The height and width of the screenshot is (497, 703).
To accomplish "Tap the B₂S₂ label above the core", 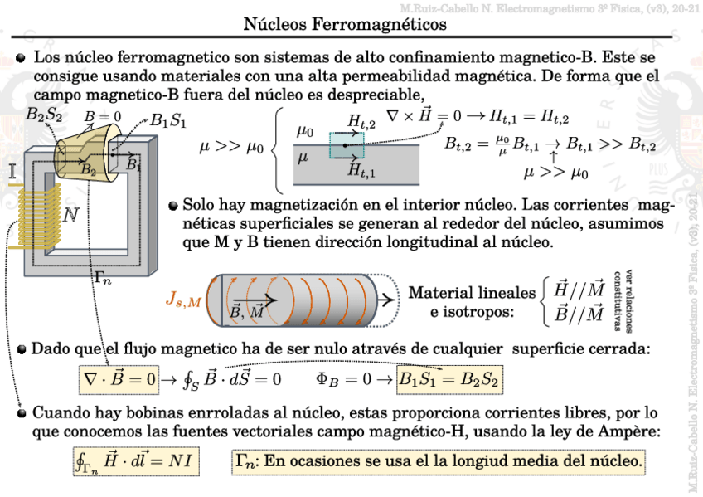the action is click(43, 116).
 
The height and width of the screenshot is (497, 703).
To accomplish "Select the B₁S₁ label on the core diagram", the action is click(168, 122).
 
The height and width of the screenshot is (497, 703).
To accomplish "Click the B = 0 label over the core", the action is click(103, 117).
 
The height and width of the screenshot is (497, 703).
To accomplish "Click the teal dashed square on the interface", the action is click(346, 145).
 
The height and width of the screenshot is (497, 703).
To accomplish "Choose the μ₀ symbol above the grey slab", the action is click(305, 131).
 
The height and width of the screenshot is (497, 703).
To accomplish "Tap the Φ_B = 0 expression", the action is click(342, 380).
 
